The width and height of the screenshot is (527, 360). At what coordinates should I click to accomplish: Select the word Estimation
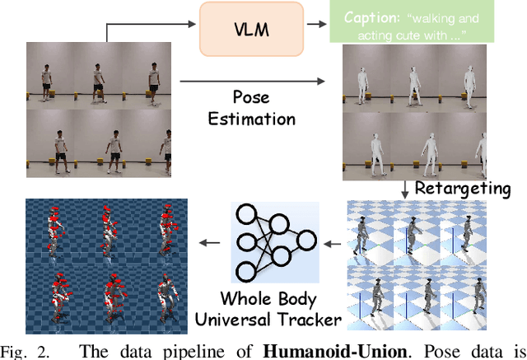[x=251, y=119]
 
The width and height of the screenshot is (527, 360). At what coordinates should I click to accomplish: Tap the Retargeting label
[x=462, y=188]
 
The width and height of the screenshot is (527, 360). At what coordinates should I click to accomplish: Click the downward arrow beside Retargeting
[x=405, y=188]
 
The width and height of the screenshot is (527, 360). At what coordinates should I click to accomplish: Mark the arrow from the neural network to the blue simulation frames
[x=212, y=242]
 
